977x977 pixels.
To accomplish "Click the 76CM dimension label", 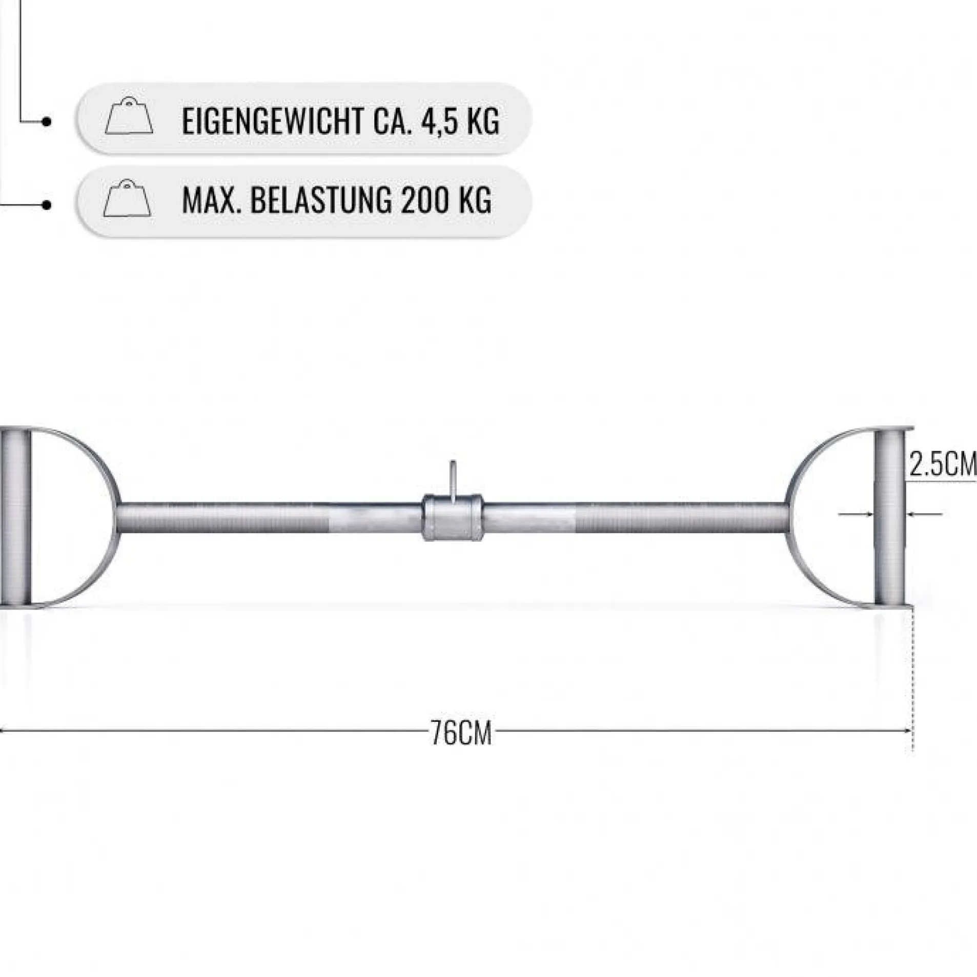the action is click(461, 734).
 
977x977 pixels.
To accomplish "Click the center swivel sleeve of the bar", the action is click(452, 517).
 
